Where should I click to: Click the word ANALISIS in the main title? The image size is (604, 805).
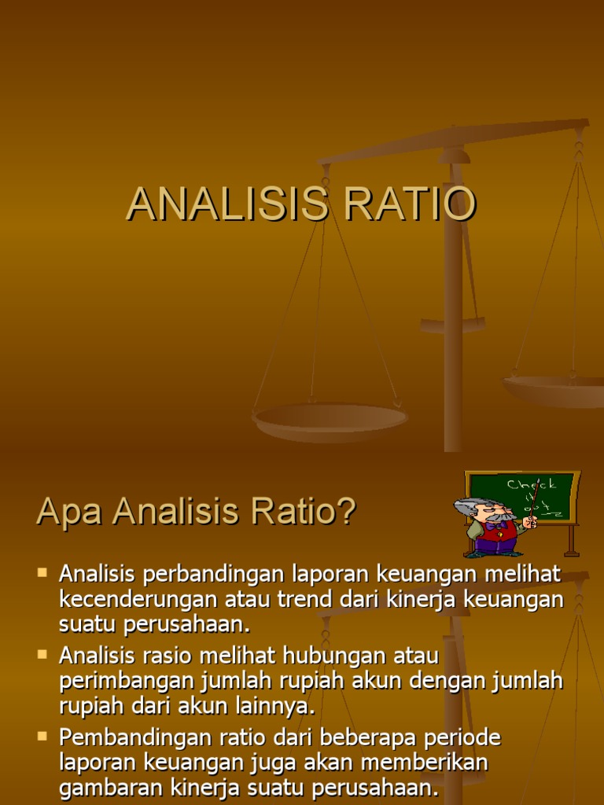(226, 204)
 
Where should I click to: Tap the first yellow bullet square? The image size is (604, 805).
(42, 572)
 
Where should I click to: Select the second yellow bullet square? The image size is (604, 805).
(42, 652)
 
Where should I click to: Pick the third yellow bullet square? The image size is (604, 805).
(42, 735)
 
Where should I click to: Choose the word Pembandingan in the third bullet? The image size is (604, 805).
(126, 737)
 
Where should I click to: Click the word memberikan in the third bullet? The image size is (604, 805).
(429, 763)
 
